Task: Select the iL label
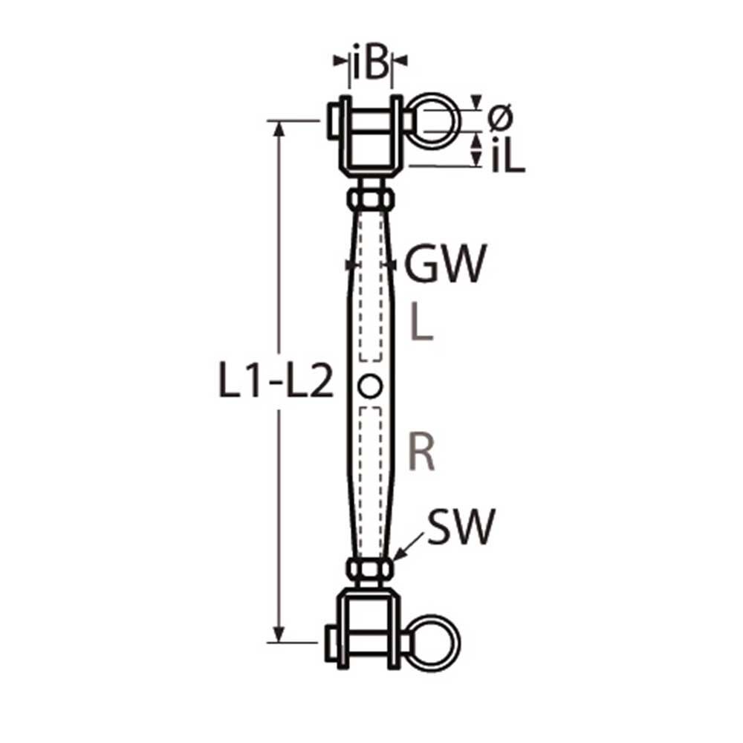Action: [x=507, y=158]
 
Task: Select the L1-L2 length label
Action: [x=275, y=383]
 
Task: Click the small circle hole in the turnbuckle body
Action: [x=370, y=386]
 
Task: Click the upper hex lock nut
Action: [x=370, y=199]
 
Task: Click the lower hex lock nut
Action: [x=370, y=569]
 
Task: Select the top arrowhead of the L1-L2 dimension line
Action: [x=279, y=129]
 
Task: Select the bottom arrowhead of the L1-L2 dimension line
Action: [x=279, y=634]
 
